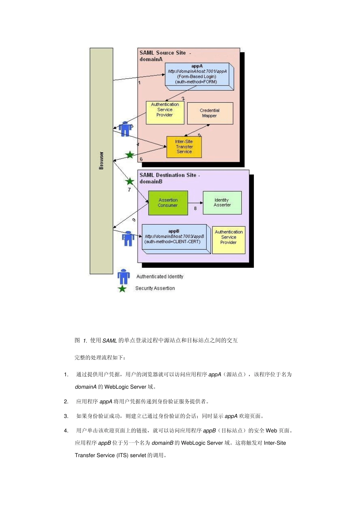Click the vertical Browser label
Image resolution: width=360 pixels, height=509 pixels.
point(101,161)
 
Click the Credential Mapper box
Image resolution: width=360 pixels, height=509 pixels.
point(210,113)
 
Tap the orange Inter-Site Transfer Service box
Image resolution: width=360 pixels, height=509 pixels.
point(184,147)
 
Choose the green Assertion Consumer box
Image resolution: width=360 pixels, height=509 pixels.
point(168,203)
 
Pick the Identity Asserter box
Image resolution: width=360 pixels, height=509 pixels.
point(222,203)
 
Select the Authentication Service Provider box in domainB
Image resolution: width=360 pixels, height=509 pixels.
point(229,240)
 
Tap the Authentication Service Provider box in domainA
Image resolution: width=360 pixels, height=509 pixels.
point(165,112)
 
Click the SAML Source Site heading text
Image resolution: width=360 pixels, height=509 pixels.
point(163,53)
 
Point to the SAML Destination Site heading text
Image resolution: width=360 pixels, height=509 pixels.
point(168,175)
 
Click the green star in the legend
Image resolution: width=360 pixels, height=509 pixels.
point(122,289)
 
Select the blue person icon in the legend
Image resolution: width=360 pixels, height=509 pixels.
point(124,276)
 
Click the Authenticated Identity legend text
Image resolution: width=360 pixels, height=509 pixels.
point(160,277)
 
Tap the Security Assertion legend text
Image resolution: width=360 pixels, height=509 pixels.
point(155,289)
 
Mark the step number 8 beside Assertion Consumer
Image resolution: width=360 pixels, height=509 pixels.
point(196,208)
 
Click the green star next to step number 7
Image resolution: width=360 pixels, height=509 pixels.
point(130,181)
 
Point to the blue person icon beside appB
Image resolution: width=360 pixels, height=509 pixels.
point(128,239)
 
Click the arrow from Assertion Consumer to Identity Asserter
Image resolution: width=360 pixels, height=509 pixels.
point(195,203)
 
